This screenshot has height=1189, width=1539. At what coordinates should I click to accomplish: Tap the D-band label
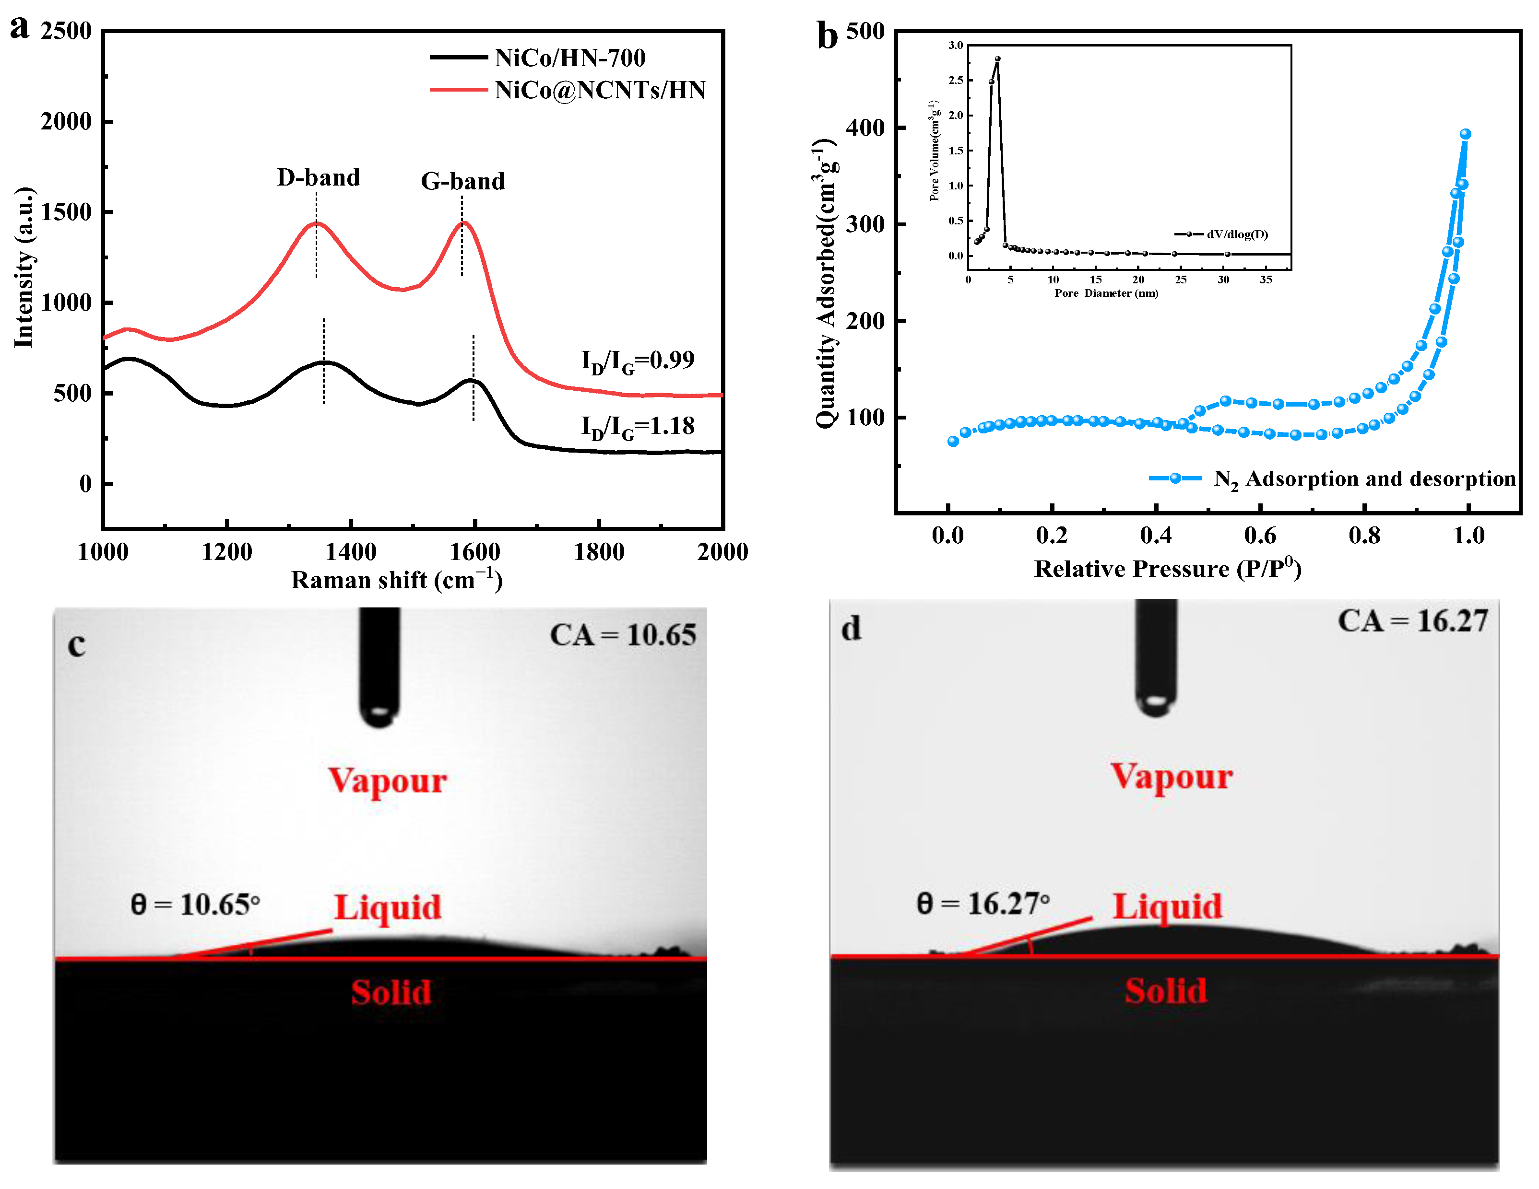tap(319, 177)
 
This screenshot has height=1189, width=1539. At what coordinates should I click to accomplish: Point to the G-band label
tap(463, 182)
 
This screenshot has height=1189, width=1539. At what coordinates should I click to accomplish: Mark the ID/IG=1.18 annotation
tap(637, 426)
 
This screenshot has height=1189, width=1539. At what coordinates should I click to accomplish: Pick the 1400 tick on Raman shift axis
tap(351, 551)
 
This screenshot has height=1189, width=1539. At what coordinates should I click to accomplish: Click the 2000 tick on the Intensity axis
tap(66, 121)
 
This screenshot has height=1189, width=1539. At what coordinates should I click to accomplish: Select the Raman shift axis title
tap(397, 581)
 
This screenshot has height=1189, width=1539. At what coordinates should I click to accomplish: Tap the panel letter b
tap(827, 35)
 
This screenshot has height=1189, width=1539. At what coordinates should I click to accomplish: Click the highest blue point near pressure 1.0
tap(1465, 134)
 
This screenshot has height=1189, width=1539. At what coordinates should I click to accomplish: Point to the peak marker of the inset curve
tap(997, 59)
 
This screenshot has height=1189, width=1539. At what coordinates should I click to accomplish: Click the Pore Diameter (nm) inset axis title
tap(1106, 293)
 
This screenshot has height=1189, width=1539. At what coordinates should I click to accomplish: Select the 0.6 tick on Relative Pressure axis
tap(1260, 536)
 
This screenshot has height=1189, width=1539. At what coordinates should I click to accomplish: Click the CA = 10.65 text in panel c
tap(623, 635)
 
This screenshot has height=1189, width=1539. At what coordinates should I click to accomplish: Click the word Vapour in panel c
tap(388, 781)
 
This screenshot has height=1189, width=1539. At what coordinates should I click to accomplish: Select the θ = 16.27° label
tap(983, 904)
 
